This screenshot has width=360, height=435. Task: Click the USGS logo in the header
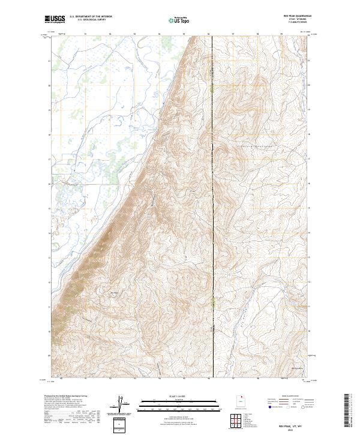pyautogui.click(x=55, y=20)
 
